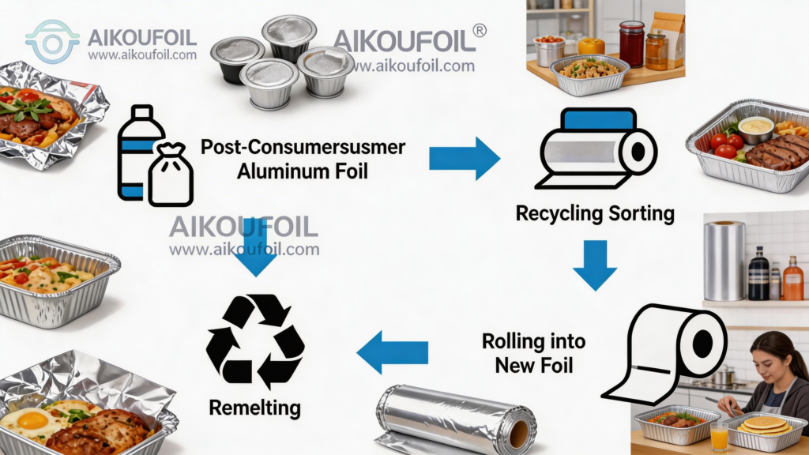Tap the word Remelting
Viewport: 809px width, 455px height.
(255, 408)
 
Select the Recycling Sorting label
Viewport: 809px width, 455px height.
(595, 213)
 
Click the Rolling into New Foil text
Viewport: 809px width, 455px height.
(534, 353)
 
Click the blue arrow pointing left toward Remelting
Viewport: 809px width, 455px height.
(393, 352)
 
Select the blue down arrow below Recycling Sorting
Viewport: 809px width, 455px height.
(594, 265)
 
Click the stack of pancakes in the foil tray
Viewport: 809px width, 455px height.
(762, 427)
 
